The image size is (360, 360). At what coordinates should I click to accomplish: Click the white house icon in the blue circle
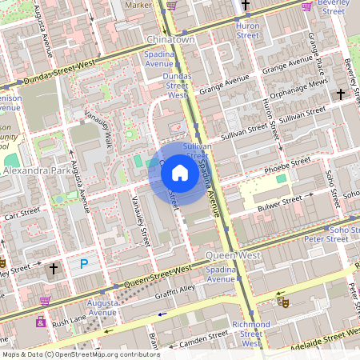[x=180, y=173]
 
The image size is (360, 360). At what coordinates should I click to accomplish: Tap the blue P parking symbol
[x=83, y=264]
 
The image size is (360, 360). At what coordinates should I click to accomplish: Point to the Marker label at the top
[x=138, y=5]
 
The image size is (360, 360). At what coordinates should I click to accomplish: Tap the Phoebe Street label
[x=288, y=164]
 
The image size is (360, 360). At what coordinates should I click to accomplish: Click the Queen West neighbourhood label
[x=233, y=254]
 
